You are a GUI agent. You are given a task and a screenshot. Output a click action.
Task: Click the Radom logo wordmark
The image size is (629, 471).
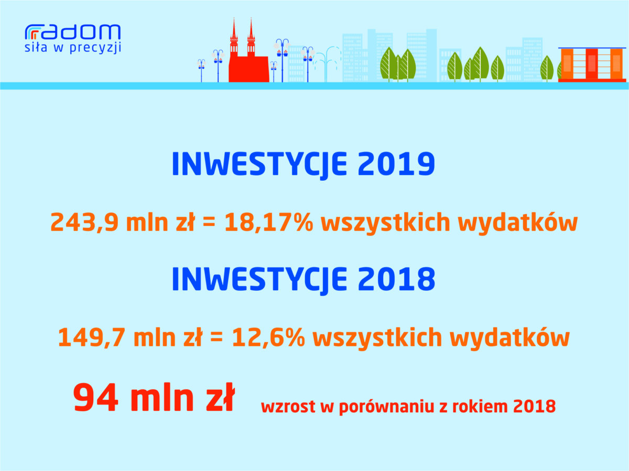pyautogui.click(x=73, y=32)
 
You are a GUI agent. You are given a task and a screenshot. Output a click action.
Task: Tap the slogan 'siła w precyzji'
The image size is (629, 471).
pyautogui.click(x=73, y=48)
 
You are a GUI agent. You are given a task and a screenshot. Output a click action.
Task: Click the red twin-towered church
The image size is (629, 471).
pyautogui.click(x=248, y=51)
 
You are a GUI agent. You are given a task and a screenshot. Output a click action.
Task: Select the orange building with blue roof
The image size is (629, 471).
pyautogui.click(x=592, y=65)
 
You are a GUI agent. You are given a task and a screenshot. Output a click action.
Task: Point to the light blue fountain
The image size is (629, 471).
pyautogui.click(x=326, y=64)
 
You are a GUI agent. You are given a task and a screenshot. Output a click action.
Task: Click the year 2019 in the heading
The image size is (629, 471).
pyautogui.click(x=396, y=163)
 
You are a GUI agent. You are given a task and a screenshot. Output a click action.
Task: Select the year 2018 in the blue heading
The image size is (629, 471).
pyautogui.click(x=396, y=279)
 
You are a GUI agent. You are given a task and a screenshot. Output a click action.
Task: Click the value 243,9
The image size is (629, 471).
pyautogui.click(x=84, y=223)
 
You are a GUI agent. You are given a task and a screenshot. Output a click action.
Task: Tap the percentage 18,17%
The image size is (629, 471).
pyautogui.click(x=269, y=223)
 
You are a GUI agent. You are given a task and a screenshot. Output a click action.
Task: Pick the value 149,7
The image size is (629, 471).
pyautogui.click(x=92, y=337)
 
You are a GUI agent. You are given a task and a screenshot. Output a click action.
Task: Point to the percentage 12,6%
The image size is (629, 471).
pyautogui.click(x=268, y=337)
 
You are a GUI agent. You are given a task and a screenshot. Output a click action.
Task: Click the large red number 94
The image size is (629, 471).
pyautogui.click(x=96, y=398)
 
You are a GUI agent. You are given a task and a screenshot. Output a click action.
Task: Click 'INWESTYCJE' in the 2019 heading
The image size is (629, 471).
pyautogui.click(x=259, y=165)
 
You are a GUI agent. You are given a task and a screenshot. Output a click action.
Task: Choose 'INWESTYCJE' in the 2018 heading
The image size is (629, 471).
pyautogui.click(x=259, y=280)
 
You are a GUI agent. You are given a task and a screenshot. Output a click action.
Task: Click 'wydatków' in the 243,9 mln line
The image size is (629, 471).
pyautogui.click(x=518, y=222)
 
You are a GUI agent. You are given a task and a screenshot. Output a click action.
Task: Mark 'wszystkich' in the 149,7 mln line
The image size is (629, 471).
pyautogui.click(x=377, y=337)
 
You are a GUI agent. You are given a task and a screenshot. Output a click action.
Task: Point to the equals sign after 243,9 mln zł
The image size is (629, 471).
pyautogui.click(x=209, y=223)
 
